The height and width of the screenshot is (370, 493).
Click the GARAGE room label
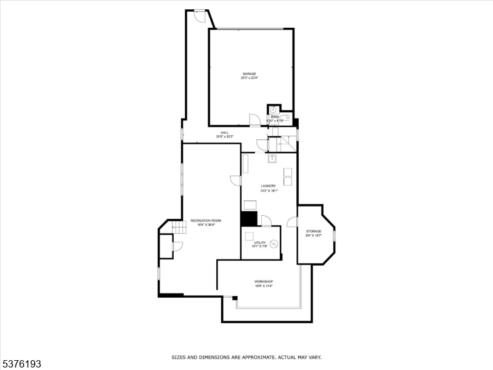coord(249,73)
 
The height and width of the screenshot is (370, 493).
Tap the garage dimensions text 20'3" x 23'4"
coord(249,78)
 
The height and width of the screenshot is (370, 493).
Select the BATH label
coord(275,117)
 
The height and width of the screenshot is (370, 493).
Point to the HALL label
coord(225,132)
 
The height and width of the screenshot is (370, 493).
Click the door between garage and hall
coord(255,120)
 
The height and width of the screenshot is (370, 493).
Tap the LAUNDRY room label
coord(268,186)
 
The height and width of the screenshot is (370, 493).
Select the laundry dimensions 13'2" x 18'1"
coord(268,191)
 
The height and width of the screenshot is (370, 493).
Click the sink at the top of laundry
coord(272,158)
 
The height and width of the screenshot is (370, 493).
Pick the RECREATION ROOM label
coord(206,220)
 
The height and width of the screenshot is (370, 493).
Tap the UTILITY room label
coord(260,242)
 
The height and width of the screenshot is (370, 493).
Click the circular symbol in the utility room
coord(274,243)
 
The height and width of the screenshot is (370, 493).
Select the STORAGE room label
coord(314,231)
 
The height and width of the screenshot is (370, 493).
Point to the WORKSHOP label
coord(264,281)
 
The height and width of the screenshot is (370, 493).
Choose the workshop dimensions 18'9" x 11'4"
coord(264,286)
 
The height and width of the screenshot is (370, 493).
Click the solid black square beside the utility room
coord(248,219)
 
